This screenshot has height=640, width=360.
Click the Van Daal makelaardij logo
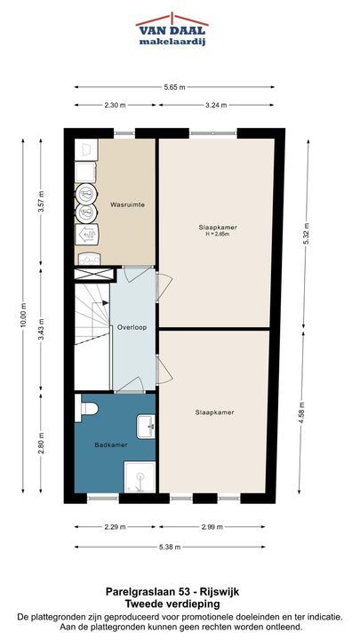tap(172, 29)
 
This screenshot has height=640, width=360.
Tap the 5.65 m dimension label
tap(174, 87)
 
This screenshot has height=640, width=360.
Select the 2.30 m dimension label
tap(115, 105)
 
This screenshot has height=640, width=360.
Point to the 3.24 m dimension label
tap(216, 105)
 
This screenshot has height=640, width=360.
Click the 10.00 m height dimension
tap(23, 315)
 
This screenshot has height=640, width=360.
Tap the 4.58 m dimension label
tap(301, 412)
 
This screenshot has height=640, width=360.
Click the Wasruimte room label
tap(127, 205)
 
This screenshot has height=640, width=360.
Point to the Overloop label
tap(132, 327)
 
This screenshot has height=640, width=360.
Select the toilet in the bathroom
tap(85, 408)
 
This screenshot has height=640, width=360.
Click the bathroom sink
tap(146, 427)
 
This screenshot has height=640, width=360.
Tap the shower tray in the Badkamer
tap(140, 477)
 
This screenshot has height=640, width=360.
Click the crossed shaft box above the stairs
tap(94, 274)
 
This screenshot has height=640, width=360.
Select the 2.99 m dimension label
tap(212, 527)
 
